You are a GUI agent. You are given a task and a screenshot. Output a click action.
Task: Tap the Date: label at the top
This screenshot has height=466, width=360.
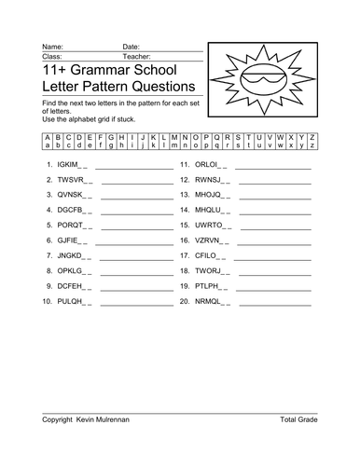tap(131, 46)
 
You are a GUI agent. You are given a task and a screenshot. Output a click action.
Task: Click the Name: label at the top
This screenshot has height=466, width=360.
tap(52, 46)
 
